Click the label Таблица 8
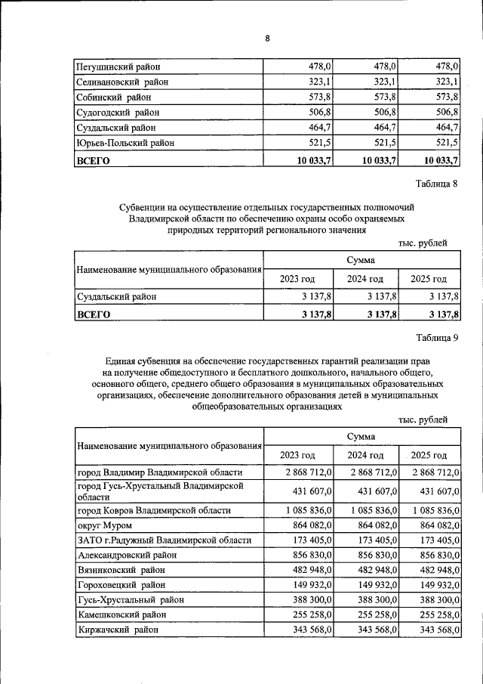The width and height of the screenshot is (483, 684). pos(437,184)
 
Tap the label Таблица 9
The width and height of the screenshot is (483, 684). pos(437,338)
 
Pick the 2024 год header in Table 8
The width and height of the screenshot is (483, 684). pos(365,279)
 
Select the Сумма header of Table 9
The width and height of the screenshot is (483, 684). pos(361,436)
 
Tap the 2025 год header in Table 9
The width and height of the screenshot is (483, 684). pos(429,455)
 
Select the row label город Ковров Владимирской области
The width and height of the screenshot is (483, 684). pos(154,510)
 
